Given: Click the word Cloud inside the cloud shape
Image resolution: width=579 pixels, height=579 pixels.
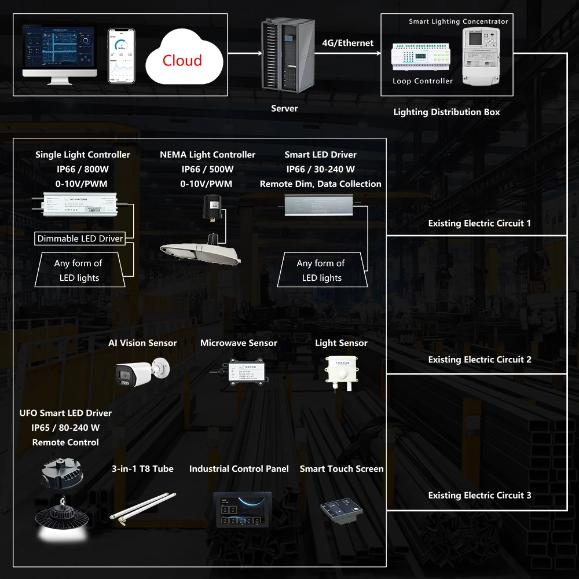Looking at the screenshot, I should pos(182,61).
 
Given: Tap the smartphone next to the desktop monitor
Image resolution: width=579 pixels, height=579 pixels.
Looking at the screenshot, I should pos(121,56).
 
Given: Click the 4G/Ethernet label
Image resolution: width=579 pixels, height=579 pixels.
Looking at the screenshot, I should pos(347,43).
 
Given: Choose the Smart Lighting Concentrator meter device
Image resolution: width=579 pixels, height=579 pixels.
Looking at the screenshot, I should pos(481,56).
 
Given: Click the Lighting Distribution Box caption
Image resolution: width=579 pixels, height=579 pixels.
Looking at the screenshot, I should pos(446,112).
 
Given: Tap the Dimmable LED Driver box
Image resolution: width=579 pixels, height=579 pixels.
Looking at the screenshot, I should pos(80,239).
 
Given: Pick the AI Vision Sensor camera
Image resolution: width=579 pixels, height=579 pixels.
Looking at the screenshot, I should pos(140,371).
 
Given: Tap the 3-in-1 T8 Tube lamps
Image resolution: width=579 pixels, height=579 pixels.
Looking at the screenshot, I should pos(142,508).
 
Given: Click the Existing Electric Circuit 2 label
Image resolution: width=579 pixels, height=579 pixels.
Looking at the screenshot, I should pos(479,360).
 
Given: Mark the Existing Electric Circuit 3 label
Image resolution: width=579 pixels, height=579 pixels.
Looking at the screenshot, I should pos(479,496).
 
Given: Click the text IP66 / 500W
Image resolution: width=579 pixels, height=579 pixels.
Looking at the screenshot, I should pos(207,170).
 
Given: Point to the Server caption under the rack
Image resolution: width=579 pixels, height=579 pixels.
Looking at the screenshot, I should pos(284,108).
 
